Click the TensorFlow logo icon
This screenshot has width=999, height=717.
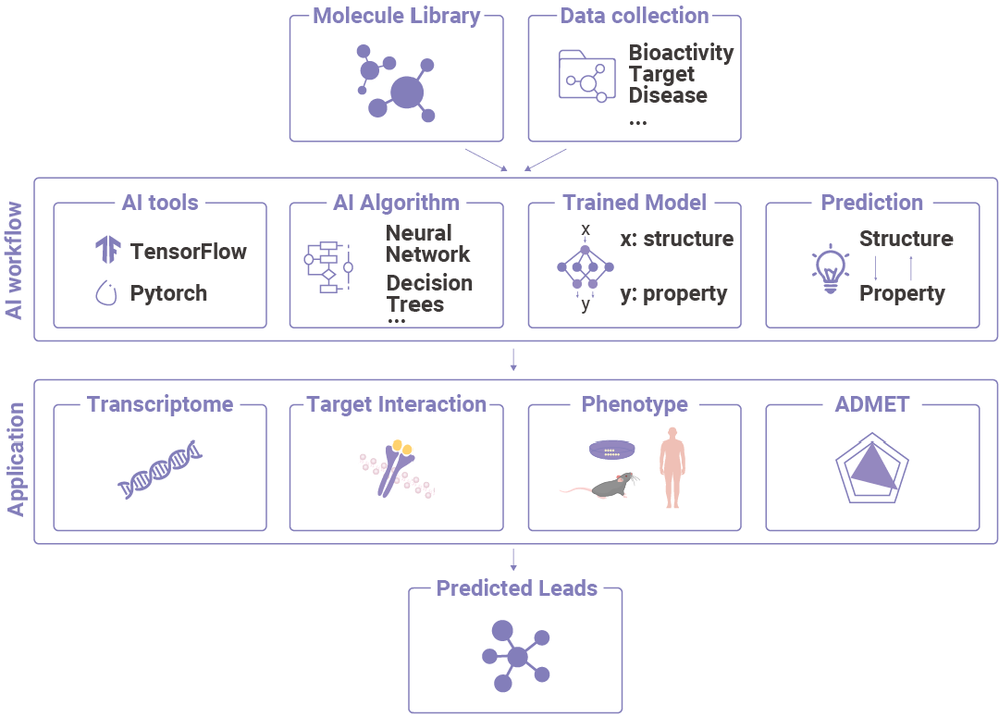[108, 250]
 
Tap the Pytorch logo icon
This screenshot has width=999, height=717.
[107, 293]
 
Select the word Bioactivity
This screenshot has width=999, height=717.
[681, 53]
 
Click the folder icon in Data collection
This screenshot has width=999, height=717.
[586, 75]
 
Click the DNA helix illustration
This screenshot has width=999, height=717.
[160, 469]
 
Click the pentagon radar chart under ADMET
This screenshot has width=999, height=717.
[869, 469]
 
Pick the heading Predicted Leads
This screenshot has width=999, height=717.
[516, 588]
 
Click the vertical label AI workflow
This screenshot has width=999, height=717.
[15, 260]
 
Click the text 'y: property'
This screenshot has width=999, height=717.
[673, 294]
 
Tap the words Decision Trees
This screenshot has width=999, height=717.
[429, 293]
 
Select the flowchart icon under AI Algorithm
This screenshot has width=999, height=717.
[328, 266]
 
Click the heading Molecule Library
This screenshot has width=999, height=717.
[397, 16]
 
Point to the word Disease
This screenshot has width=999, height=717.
[668, 95]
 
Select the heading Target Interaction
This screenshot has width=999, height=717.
[396, 404]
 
